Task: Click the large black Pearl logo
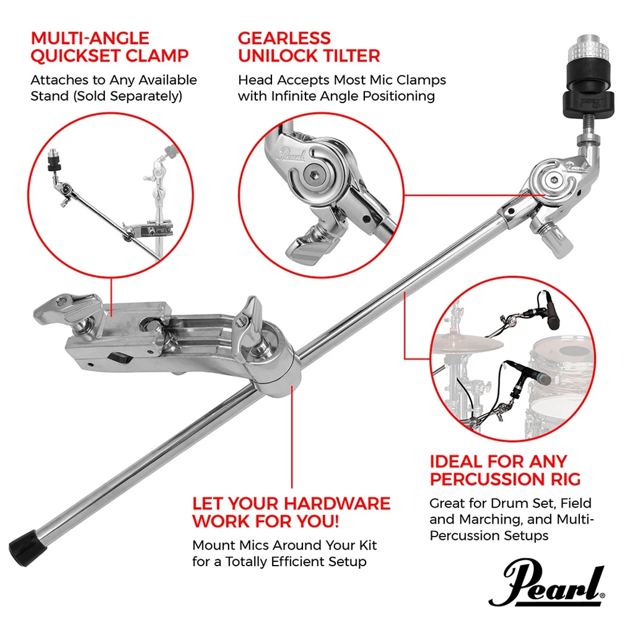pos(547,582)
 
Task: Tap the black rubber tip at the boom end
pos(27,548)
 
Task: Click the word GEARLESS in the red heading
pos(284,38)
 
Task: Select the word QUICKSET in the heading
pos(72,56)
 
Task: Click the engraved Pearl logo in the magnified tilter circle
pos(292,155)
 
